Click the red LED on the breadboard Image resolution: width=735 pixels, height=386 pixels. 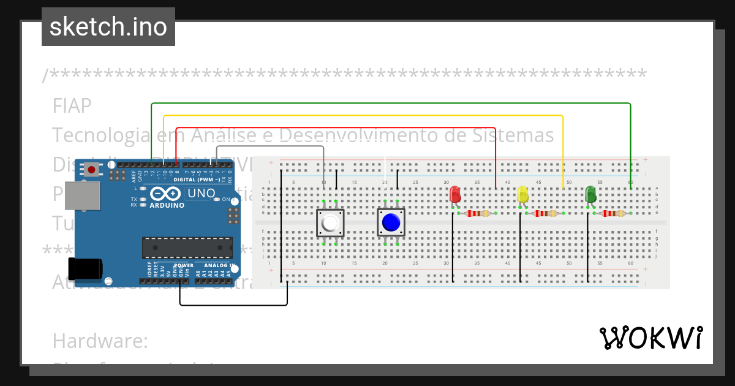click(x=455, y=195)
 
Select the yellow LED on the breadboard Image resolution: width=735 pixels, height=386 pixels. click(x=523, y=195)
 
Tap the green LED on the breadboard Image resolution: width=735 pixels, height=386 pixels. click(x=590, y=195)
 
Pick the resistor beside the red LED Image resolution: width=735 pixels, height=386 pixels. click(x=478, y=214)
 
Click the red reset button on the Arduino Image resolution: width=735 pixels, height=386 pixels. click(x=91, y=169)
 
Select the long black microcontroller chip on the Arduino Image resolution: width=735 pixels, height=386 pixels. click(x=187, y=248)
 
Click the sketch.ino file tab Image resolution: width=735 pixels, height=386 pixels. click(x=108, y=27)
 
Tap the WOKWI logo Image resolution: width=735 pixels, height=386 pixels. click(x=650, y=337)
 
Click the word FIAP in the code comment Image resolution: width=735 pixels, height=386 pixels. click(x=72, y=106)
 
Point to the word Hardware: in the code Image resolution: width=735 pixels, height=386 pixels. click(x=100, y=341)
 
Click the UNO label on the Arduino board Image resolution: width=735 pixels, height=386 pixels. click(x=201, y=194)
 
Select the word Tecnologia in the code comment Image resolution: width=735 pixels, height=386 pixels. click(x=98, y=135)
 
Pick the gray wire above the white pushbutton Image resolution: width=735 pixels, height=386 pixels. click(x=269, y=146)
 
